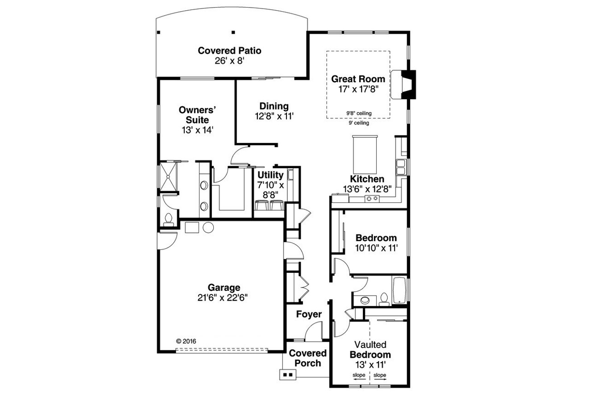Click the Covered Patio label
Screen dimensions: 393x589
pyautogui.click(x=229, y=50)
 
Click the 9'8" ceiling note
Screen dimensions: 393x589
pyautogui.click(x=359, y=113)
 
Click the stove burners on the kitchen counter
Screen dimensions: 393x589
pyautogui.click(x=372, y=198)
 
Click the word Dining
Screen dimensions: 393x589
pyautogui.click(x=274, y=106)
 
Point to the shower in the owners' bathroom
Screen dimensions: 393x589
pyautogui.click(x=170, y=176)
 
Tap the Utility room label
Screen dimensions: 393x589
pyautogui.click(x=271, y=175)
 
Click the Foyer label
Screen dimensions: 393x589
pyautogui.click(x=309, y=314)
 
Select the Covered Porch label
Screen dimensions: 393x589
pyautogui.click(x=308, y=358)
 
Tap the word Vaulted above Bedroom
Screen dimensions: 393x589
pyautogui.click(x=370, y=345)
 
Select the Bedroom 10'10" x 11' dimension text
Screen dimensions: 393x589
pyautogui.click(x=376, y=247)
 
